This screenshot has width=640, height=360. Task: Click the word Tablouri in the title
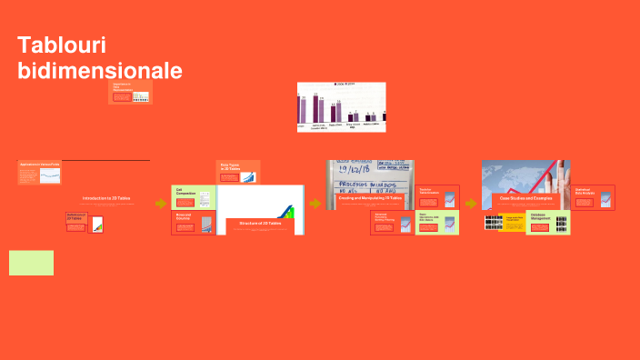point(55,46)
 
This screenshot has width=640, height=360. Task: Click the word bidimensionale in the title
point(100,71)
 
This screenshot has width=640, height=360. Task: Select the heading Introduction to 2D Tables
point(106,198)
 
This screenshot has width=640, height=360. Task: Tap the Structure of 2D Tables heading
point(260,223)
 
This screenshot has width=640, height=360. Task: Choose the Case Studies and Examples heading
point(525,197)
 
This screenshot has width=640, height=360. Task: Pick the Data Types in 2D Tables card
point(239,171)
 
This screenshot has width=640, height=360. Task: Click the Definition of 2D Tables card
point(84,222)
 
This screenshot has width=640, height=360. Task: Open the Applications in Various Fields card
point(39,172)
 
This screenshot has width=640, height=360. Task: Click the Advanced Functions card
point(392,223)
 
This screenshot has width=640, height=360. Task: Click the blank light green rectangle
point(31,263)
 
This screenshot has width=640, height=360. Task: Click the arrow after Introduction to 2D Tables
point(161,204)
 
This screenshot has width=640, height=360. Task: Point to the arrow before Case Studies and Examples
point(470,204)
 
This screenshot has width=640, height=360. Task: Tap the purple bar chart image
point(341,106)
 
